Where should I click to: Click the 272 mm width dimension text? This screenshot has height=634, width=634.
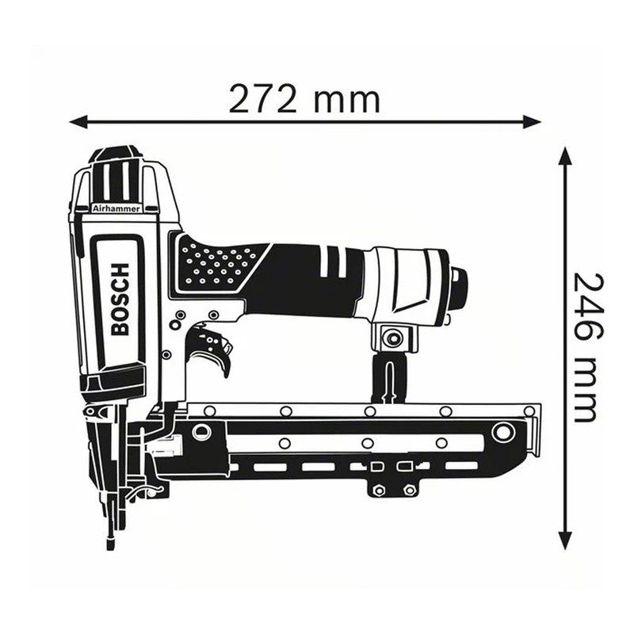point(304,101)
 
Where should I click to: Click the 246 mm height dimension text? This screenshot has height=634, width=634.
point(585,348)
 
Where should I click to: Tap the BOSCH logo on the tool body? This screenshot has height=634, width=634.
point(120,300)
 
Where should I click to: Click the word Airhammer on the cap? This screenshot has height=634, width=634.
point(116,208)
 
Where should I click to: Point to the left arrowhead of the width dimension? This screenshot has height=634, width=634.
point(78,121)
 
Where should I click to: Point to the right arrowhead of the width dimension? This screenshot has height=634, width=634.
point(531,121)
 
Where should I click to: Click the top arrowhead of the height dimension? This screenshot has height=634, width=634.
point(565,156)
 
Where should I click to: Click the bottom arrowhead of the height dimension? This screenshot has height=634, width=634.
point(565,540)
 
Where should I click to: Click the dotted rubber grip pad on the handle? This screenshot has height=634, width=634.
point(219,264)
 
